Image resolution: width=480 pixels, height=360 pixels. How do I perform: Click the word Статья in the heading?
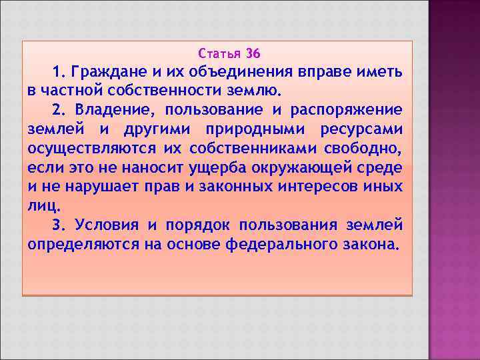[x=219, y=53]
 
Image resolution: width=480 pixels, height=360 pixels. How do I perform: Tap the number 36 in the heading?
[x=254, y=53]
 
